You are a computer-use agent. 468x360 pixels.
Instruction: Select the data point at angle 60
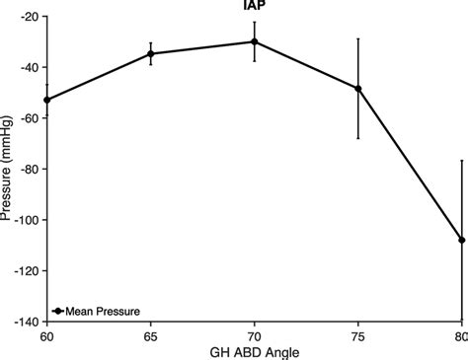pos(47,100)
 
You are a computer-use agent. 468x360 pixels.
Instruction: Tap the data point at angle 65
pos(151,53)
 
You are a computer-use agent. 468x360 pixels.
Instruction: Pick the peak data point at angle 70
pos(255,41)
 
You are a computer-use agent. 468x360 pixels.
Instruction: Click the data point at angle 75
pos(358,89)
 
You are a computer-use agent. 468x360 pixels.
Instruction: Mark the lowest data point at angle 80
pos(461,240)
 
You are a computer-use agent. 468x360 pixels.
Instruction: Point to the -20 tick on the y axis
pos(27,17)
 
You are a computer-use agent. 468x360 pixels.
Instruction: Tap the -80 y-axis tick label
pos(27,169)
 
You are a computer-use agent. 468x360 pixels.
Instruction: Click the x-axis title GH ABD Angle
pos(254,351)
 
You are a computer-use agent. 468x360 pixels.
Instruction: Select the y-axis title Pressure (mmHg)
pos(7,168)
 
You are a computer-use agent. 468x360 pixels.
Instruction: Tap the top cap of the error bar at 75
pos(358,38)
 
